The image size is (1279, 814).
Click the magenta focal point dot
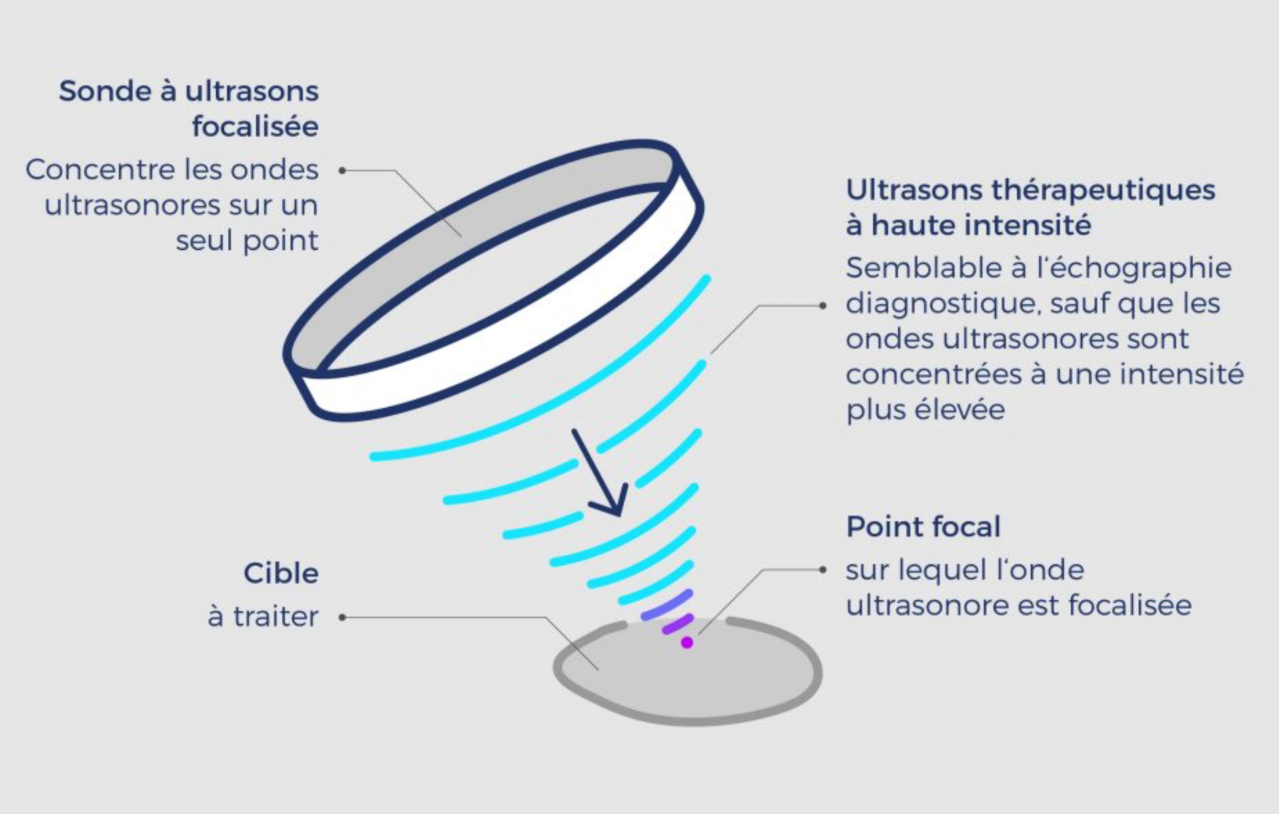(687, 643)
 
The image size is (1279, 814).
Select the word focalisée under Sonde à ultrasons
(255, 127)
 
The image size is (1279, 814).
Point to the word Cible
(281, 574)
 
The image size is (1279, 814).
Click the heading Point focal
(923, 527)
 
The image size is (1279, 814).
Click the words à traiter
(263, 617)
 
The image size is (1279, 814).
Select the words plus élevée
(925, 410)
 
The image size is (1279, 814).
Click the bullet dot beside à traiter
(342, 617)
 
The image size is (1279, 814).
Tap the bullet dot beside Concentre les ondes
(342, 171)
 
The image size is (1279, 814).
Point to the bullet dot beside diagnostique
(823, 306)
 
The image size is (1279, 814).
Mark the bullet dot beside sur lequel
(823, 570)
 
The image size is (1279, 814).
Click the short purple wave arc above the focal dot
(677, 625)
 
